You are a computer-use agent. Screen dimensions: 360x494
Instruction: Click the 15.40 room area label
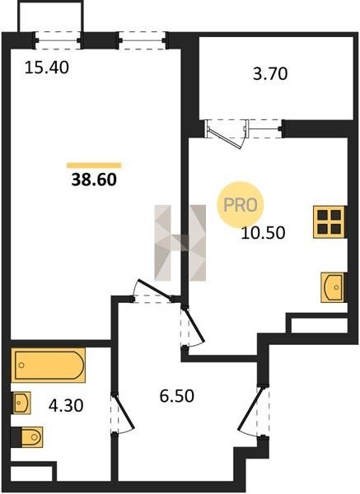[x=46, y=68]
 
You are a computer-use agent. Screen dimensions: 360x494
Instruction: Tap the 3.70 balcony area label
[x=270, y=74]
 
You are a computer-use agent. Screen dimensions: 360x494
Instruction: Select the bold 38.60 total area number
[x=94, y=179]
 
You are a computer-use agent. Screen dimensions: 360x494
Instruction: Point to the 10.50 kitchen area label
[x=263, y=233]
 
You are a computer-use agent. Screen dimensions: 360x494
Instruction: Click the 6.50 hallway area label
[x=176, y=396]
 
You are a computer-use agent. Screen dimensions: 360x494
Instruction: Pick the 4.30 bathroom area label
[x=66, y=405]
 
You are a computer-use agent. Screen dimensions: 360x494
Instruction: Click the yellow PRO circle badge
[x=241, y=205]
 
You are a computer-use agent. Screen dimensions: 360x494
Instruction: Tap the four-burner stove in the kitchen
[x=330, y=221]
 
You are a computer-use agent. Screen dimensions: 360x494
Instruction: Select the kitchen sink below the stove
[x=334, y=287]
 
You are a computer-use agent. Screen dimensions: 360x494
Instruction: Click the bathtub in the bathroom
[x=49, y=365]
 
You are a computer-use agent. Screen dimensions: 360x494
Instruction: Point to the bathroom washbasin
[x=21, y=403]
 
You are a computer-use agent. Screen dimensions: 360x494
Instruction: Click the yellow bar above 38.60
[x=94, y=165]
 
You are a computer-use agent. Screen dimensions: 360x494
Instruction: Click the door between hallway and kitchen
[x=194, y=326]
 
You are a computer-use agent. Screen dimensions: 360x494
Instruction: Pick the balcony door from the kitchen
[x=227, y=133]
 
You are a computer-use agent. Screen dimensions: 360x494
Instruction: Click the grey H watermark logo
[x=180, y=243]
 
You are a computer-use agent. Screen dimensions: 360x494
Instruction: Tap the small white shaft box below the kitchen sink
[x=319, y=326]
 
